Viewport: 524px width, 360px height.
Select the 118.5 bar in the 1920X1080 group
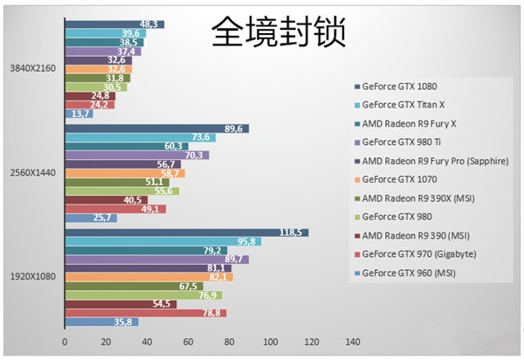coord(186,232)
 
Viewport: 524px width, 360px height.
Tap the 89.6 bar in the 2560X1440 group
coord(156,128)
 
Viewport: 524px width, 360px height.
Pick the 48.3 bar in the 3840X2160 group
coord(114,24)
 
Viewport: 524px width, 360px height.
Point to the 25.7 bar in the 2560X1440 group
coord(90,218)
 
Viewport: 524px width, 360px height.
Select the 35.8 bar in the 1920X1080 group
coord(100,322)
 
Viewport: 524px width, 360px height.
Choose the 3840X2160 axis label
coord(33,68)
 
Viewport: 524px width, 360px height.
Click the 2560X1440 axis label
coord(33,172)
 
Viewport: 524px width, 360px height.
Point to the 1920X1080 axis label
coord(33,276)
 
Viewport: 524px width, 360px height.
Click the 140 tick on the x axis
coord(352,341)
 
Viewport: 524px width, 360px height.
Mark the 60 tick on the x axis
coord(188,341)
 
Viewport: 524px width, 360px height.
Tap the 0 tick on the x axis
coord(64,341)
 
